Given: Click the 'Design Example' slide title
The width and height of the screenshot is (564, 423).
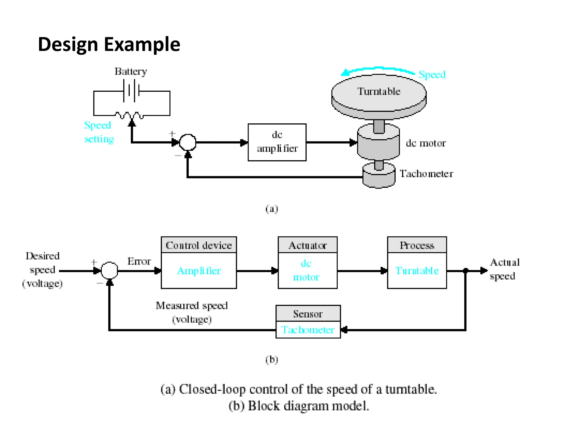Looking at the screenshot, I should point(109,44).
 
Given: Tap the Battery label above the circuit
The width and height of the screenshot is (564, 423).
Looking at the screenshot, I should point(131,72).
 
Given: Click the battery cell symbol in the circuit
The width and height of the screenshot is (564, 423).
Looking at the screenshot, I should point(132,91).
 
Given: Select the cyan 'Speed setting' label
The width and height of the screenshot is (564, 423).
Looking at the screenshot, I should point(99,132).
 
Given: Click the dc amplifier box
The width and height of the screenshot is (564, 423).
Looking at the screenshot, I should point(277,142).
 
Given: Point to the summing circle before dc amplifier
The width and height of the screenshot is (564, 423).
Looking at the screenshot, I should point(188,142).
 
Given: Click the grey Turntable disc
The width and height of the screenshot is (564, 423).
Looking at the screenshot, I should point(379,94).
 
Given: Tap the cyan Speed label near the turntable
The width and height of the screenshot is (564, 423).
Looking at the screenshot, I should point(432,75).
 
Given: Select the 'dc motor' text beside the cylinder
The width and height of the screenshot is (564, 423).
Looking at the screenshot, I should point(425,143).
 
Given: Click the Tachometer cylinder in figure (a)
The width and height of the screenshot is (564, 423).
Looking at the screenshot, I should point(379,176).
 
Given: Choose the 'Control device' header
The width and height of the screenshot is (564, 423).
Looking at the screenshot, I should point(199,245).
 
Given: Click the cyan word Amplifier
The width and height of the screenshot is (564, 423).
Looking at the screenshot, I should point(199,271).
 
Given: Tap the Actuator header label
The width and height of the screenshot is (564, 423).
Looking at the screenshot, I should point(308,245).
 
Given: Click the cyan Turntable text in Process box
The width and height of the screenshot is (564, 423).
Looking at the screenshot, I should point(417,271).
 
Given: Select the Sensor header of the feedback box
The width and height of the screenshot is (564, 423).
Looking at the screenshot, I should point(308,314).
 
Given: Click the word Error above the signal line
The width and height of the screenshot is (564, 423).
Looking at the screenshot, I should point(139,261).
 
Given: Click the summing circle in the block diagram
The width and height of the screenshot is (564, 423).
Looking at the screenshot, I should point(110,270).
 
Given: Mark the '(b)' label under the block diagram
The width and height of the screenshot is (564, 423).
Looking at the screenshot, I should point(272,360).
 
